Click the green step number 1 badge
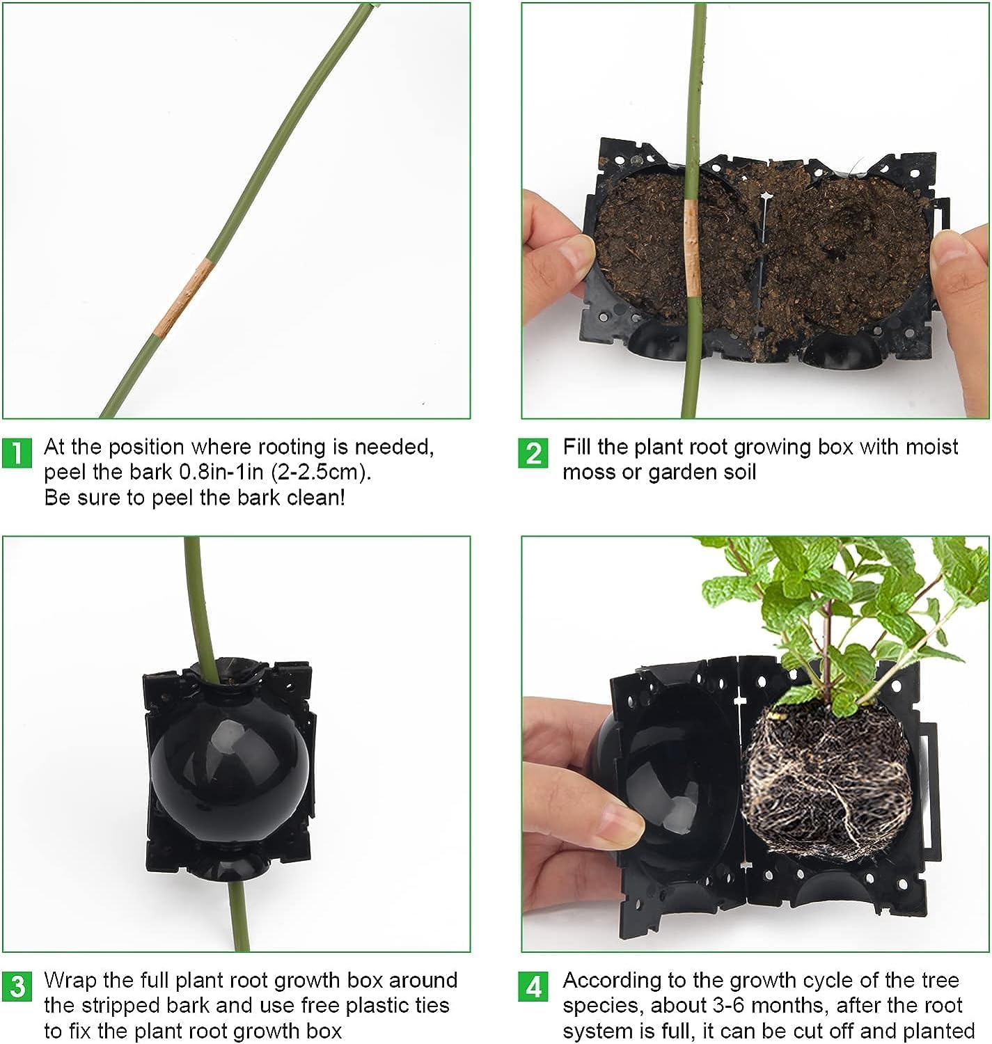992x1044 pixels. (17, 452)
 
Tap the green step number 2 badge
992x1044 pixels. (533, 453)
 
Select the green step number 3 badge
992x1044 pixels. (17, 986)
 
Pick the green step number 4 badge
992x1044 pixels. (533, 986)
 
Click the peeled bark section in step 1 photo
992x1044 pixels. (182, 297)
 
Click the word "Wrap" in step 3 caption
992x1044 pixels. (70, 980)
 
